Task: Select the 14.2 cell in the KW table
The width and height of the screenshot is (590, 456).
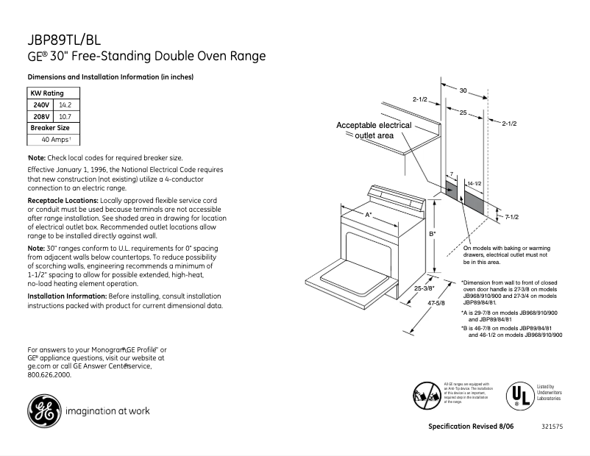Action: tap(65, 105)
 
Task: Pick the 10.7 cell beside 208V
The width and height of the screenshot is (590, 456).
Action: tap(65, 116)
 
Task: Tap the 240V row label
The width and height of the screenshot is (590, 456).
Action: tap(41, 105)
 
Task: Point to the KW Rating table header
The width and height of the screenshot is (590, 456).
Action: tap(46, 93)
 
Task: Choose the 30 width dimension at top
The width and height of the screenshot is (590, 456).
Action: tap(463, 90)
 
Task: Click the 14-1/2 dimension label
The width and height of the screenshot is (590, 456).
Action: tap(475, 182)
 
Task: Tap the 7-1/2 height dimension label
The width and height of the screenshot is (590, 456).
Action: tap(512, 216)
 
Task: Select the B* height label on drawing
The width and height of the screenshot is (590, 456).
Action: tap(433, 234)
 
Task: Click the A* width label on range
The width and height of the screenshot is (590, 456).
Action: tap(369, 214)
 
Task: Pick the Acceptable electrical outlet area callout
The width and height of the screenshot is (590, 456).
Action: tap(374, 130)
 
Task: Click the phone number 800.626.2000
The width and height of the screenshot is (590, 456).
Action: tap(50, 374)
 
